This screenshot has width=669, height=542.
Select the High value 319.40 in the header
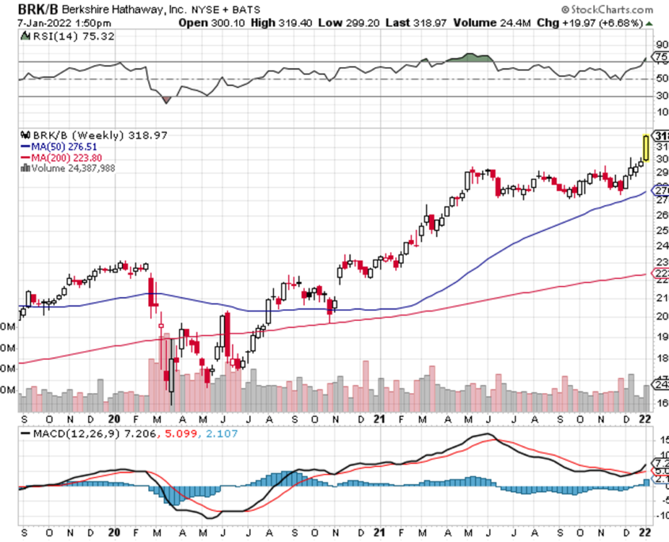click(292, 23)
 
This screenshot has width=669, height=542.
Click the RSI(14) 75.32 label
click(58, 36)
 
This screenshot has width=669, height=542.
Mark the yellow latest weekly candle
click(646, 148)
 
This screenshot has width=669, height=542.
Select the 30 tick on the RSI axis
click(659, 97)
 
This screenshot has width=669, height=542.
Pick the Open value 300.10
click(226, 23)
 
